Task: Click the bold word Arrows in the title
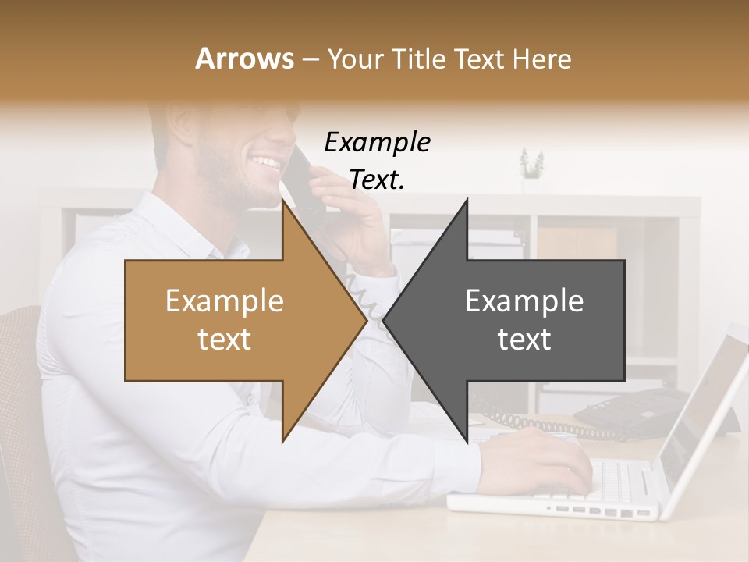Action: (x=244, y=59)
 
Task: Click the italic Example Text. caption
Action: (x=377, y=161)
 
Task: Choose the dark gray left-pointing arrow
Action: (x=523, y=320)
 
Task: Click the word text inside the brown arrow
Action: (x=224, y=340)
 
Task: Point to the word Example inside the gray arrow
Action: (x=524, y=301)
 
